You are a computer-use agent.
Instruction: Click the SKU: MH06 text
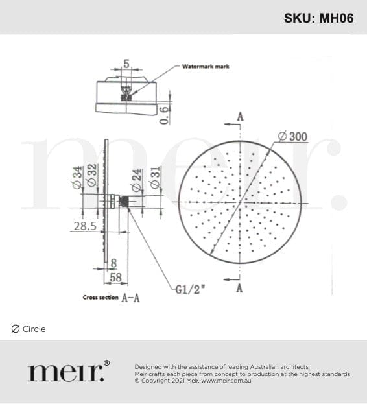(318, 18)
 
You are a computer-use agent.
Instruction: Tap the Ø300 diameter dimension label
(293, 136)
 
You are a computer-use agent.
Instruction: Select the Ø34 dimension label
(77, 178)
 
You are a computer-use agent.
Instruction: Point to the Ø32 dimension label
(92, 175)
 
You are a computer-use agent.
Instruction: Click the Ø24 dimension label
(137, 180)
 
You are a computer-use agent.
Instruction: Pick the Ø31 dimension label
(155, 178)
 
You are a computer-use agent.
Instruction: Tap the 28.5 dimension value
(85, 226)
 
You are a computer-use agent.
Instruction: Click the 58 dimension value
(115, 278)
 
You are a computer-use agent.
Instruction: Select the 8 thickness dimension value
(113, 263)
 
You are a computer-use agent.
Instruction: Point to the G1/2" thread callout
(190, 290)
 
